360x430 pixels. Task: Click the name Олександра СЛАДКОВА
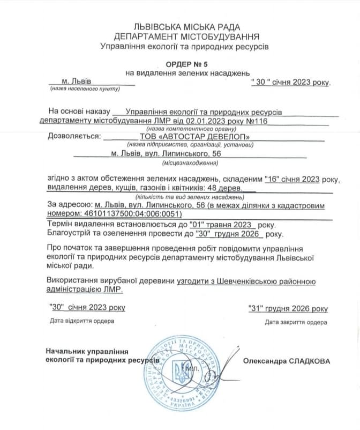click(x=287, y=361)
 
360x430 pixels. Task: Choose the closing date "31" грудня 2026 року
click(x=288, y=308)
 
